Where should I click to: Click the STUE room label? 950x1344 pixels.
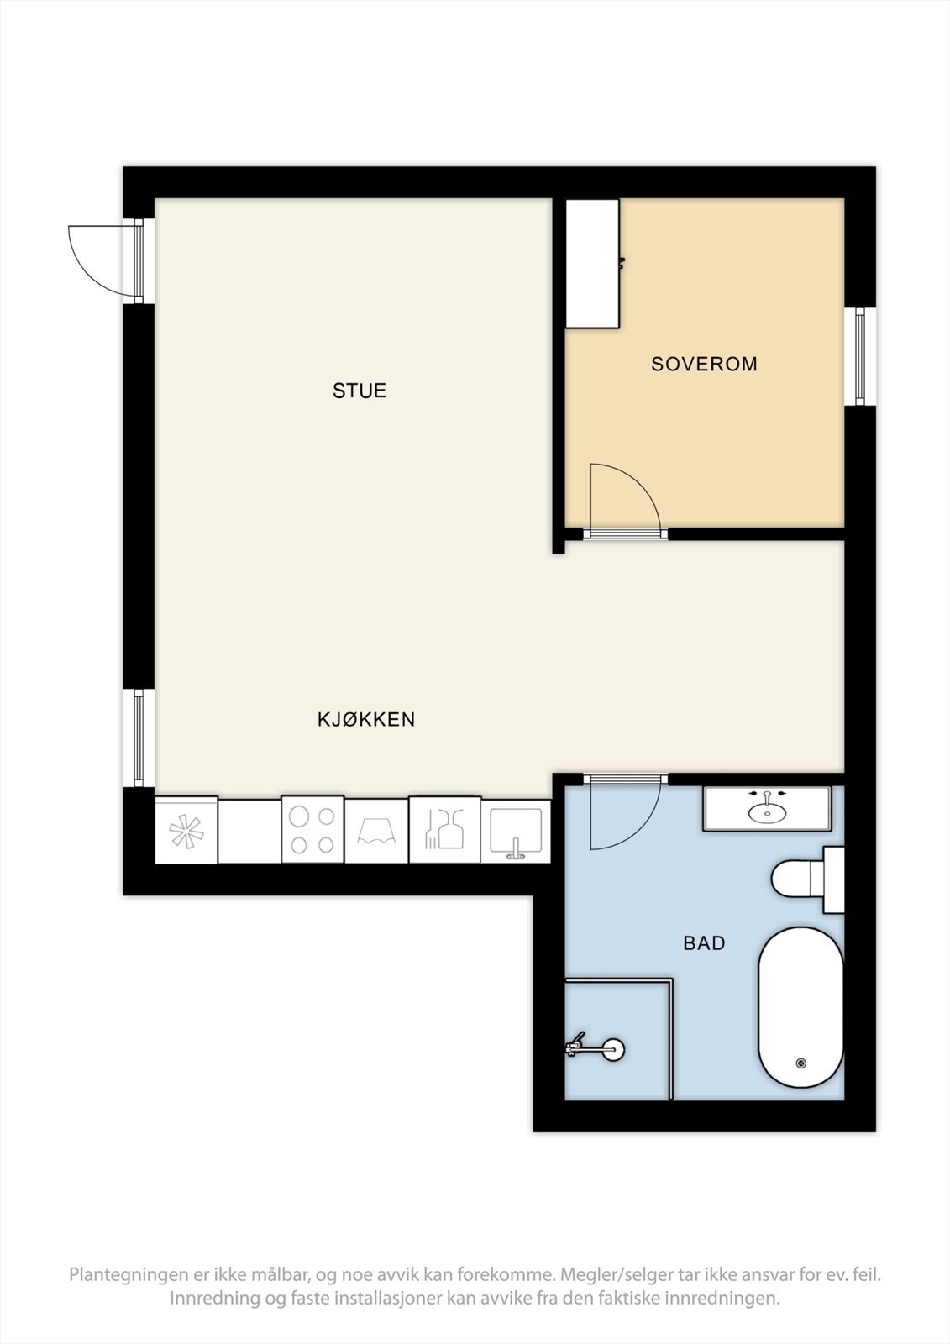pyautogui.click(x=359, y=391)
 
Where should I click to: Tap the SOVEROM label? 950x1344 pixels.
pyautogui.click(x=704, y=364)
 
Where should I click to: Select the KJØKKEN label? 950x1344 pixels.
pyautogui.click(x=366, y=719)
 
